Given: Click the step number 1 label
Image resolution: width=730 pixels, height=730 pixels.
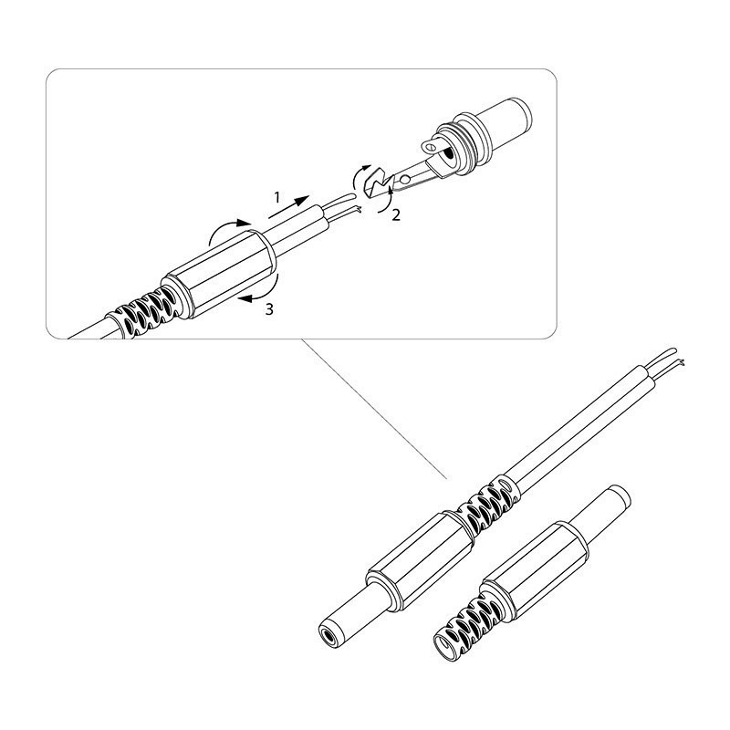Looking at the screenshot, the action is click(x=277, y=197).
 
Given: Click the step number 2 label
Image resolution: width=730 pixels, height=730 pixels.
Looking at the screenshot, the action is click(x=396, y=215).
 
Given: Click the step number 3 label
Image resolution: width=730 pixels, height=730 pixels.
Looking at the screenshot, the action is click(x=269, y=309).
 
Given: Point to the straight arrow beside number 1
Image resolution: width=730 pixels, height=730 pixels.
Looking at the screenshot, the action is click(x=288, y=207).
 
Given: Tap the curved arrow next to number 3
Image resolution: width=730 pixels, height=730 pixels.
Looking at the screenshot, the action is click(x=267, y=291).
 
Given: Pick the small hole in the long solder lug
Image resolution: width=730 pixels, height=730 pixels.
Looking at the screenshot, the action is click(x=405, y=179).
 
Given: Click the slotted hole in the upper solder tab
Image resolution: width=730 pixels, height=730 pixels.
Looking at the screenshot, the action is click(x=431, y=147).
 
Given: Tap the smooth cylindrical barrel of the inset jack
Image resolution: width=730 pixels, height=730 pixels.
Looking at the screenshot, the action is click(x=506, y=122).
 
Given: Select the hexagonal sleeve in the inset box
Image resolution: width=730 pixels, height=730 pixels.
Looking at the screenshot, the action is click(x=219, y=275).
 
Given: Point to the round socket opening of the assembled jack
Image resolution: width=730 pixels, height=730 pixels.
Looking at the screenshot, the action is click(x=328, y=636).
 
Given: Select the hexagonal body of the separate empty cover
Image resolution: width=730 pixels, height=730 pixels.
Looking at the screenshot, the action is click(x=537, y=574).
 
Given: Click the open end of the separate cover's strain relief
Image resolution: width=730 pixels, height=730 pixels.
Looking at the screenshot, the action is click(x=446, y=646).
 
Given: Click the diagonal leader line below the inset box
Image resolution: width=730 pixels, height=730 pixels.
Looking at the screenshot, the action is click(x=374, y=408).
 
